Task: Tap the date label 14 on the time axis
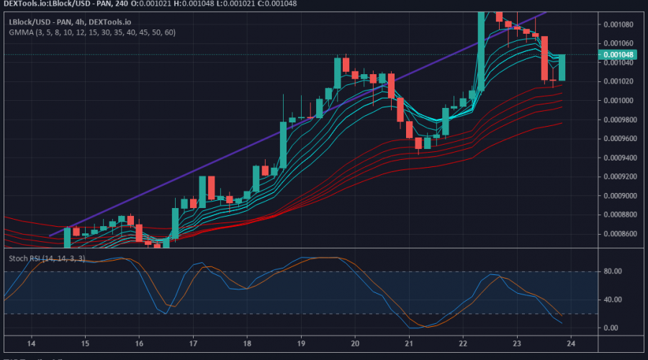pyautogui.click(x=31, y=344)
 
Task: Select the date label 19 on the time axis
pyautogui.click(x=301, y=344)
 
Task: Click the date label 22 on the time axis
pyautogui.click(x=463, y=344)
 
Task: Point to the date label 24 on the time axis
pyautogui.click(x=571, y=344)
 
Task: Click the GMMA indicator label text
pyautogui.click(x=91, y=32)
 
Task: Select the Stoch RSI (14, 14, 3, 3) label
pyautogui.click(x=47, y=258)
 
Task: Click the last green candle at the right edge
pyautogui.click(x=562, y=67)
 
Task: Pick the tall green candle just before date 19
pyautogui.click(x=283, y=145)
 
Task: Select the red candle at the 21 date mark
pyautogui.click(x=409, y=130)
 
